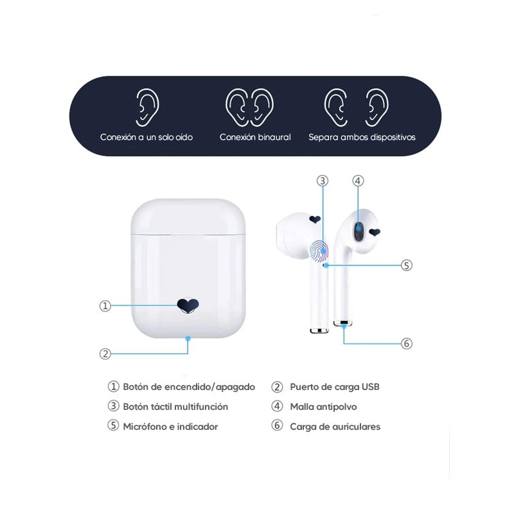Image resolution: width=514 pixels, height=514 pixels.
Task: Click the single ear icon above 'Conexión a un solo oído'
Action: tap(147, 107)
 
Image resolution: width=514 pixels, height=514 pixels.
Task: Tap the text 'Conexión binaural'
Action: tap(255, 137)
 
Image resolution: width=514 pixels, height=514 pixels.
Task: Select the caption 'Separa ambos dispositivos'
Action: tap(362, 137)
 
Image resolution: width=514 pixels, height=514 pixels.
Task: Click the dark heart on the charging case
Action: tap(188, 306)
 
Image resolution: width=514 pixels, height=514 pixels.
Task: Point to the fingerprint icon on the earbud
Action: tap(319, 251)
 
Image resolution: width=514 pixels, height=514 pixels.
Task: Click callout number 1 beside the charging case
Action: tap(105, 306)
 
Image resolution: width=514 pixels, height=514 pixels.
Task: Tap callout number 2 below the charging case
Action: tap(105, 354)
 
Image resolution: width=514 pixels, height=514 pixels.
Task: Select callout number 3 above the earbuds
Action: tap(323, 181)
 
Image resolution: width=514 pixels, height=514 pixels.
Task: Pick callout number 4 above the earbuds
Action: tap(358, 181)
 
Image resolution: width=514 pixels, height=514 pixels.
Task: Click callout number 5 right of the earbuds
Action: tap(407, 265)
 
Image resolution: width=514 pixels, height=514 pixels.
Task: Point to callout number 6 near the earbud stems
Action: tap(407, 344)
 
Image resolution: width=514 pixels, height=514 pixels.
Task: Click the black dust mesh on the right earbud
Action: tap(359, 231)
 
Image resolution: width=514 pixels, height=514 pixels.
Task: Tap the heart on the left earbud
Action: tap(315, 219)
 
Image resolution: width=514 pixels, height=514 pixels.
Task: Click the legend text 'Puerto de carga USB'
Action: tap(334, 387)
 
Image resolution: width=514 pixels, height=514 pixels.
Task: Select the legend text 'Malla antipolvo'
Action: tap(323, 407)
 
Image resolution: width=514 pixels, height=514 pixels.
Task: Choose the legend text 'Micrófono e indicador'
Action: tap(170, 427)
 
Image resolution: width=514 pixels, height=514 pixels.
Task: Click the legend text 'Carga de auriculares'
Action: tap(335, 427)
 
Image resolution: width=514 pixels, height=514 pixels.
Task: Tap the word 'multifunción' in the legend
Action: tap(202, 407)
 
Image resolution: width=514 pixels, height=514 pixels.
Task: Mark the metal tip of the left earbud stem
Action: tap(319, 330)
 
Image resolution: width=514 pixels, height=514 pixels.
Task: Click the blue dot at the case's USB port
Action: tap(188, 338)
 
